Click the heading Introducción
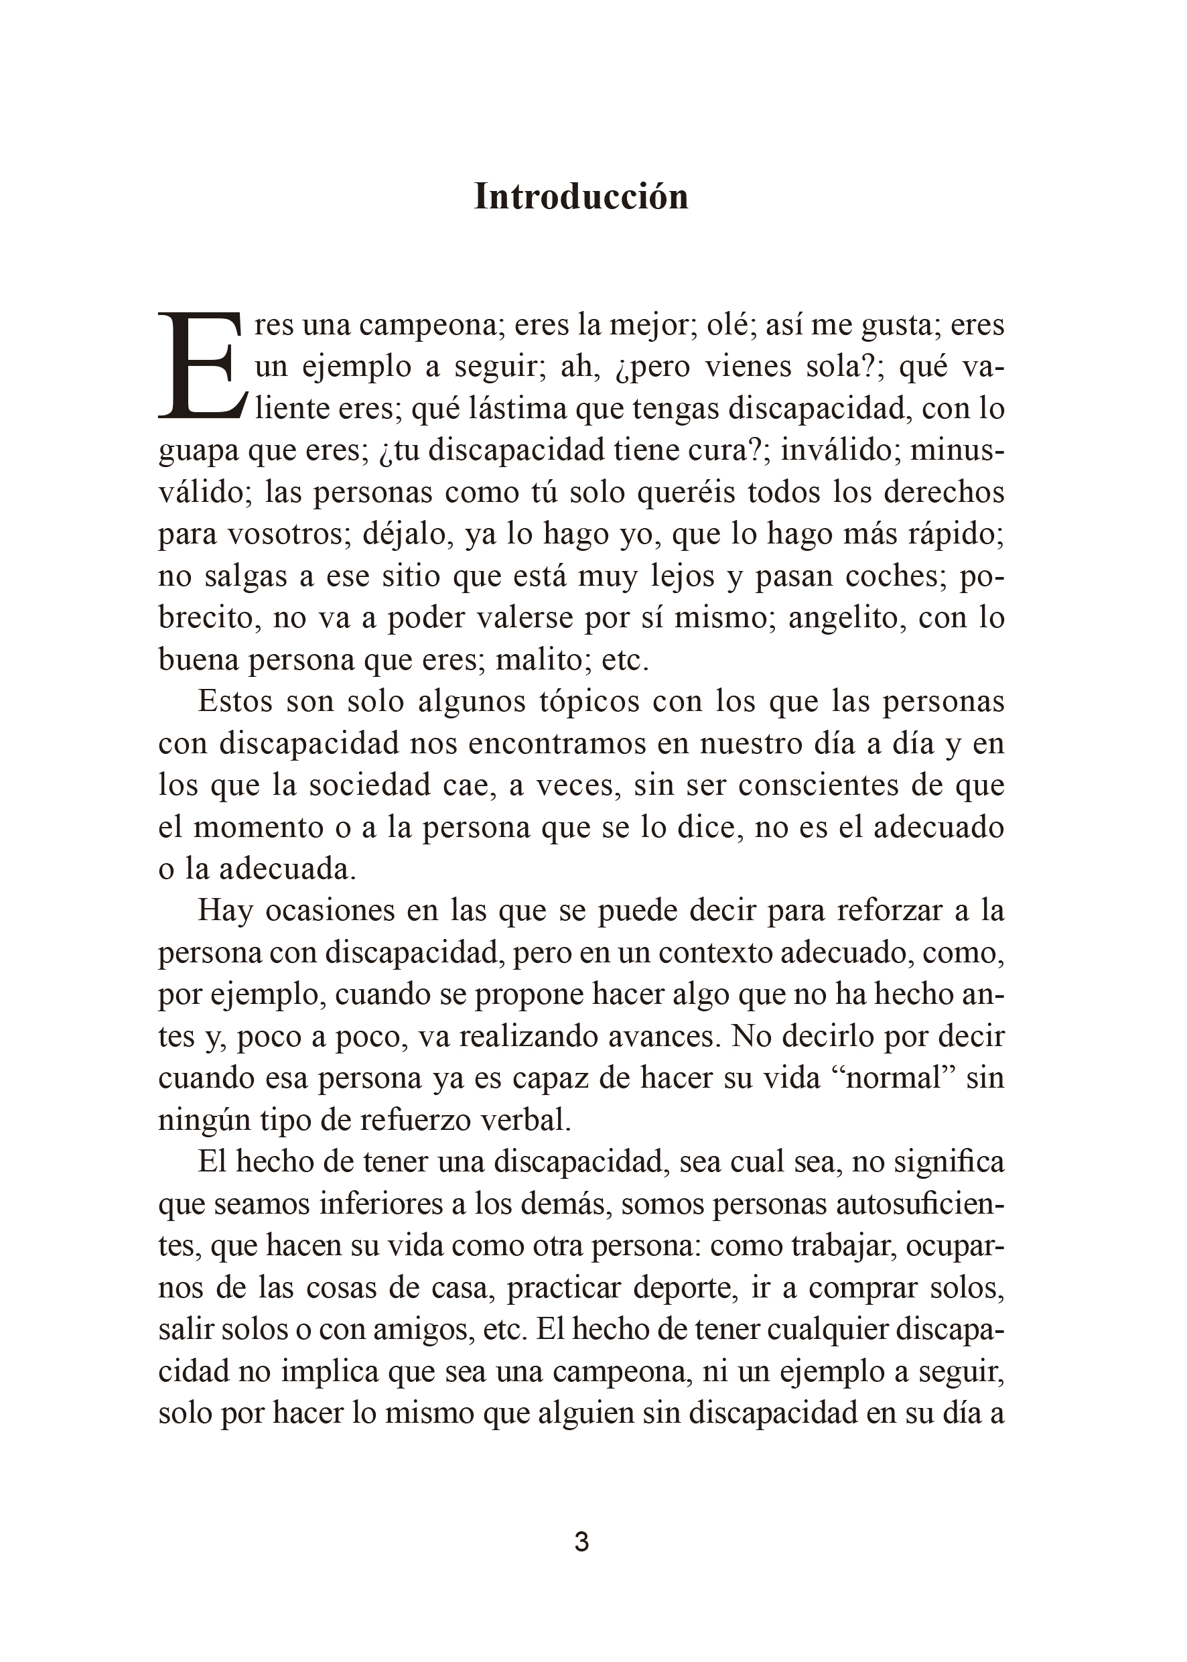click(x=581, y=196)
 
